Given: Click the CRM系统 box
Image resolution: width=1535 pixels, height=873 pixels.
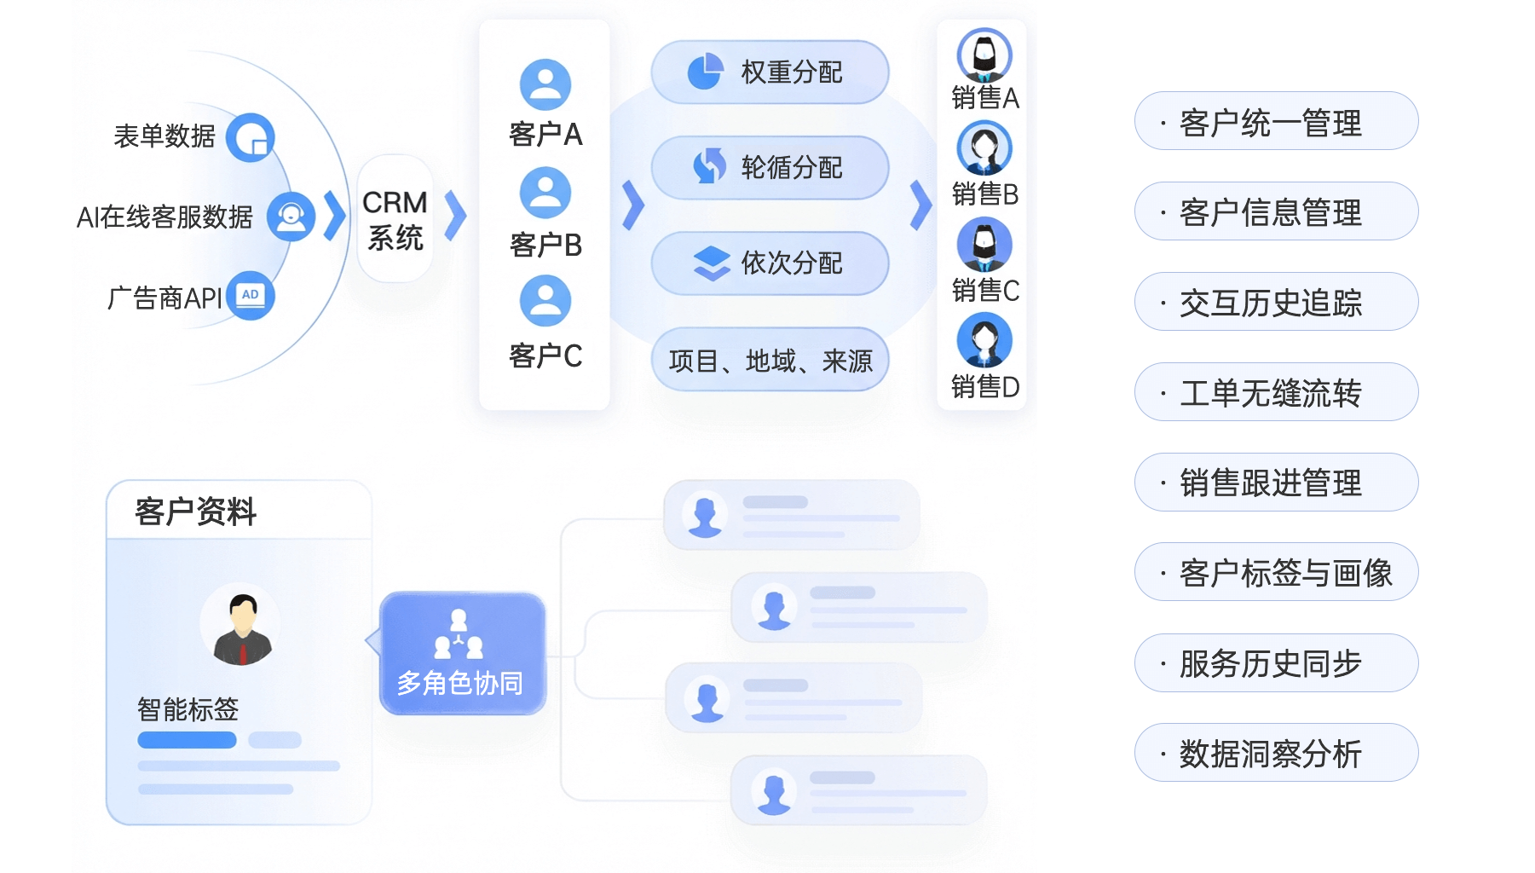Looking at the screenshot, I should pos(395,219).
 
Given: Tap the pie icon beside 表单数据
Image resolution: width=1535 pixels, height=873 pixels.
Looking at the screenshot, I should pos(250,137).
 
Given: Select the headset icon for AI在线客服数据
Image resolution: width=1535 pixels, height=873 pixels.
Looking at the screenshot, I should pos(291,217).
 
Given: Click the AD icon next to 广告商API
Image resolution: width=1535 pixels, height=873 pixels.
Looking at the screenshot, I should pos(250,296).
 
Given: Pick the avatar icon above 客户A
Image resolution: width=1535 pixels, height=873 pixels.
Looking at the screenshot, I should pos(545,84).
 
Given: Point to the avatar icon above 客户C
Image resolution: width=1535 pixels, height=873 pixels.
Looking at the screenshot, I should pos(545,300).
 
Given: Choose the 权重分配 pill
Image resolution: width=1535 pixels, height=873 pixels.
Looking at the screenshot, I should pos(770,72).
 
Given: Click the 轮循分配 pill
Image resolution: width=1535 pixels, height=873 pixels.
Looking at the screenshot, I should pos(770,168).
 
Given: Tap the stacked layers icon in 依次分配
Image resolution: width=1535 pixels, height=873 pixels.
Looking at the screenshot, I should pos(712,263).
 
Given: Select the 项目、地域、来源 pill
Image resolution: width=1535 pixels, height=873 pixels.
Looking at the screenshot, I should pos(770,360).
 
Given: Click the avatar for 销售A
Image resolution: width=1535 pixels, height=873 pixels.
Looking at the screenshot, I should pos(984,55).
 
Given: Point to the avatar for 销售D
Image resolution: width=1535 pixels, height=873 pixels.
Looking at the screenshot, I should pos(984,341).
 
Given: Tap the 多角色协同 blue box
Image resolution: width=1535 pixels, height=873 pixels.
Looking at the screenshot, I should pos(462,653).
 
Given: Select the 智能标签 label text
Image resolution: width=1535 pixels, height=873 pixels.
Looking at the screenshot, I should pos(188,709).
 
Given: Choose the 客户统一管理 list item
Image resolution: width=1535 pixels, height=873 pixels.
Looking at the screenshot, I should pos(1276,121).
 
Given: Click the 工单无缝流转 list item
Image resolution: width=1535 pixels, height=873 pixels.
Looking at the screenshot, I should pos(1276,392).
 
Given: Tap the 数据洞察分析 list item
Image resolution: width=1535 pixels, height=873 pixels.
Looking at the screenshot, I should pos(1276,753).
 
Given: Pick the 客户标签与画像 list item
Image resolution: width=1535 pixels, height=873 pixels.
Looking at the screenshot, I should pos(1276,572).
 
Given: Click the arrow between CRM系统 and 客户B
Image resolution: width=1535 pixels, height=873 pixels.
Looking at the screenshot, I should pos(456,215).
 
